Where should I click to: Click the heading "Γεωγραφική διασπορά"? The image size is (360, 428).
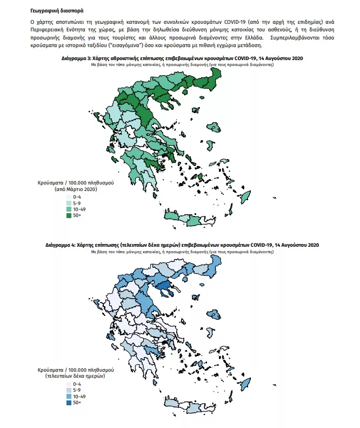point(57,10)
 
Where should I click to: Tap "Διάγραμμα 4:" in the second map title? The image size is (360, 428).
point(64,245)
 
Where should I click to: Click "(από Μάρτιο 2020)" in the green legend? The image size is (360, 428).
point(75,189)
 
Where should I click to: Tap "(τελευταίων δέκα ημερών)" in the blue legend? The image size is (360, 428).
point(75,376)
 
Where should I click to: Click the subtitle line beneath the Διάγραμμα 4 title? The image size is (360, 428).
point(182,252)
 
